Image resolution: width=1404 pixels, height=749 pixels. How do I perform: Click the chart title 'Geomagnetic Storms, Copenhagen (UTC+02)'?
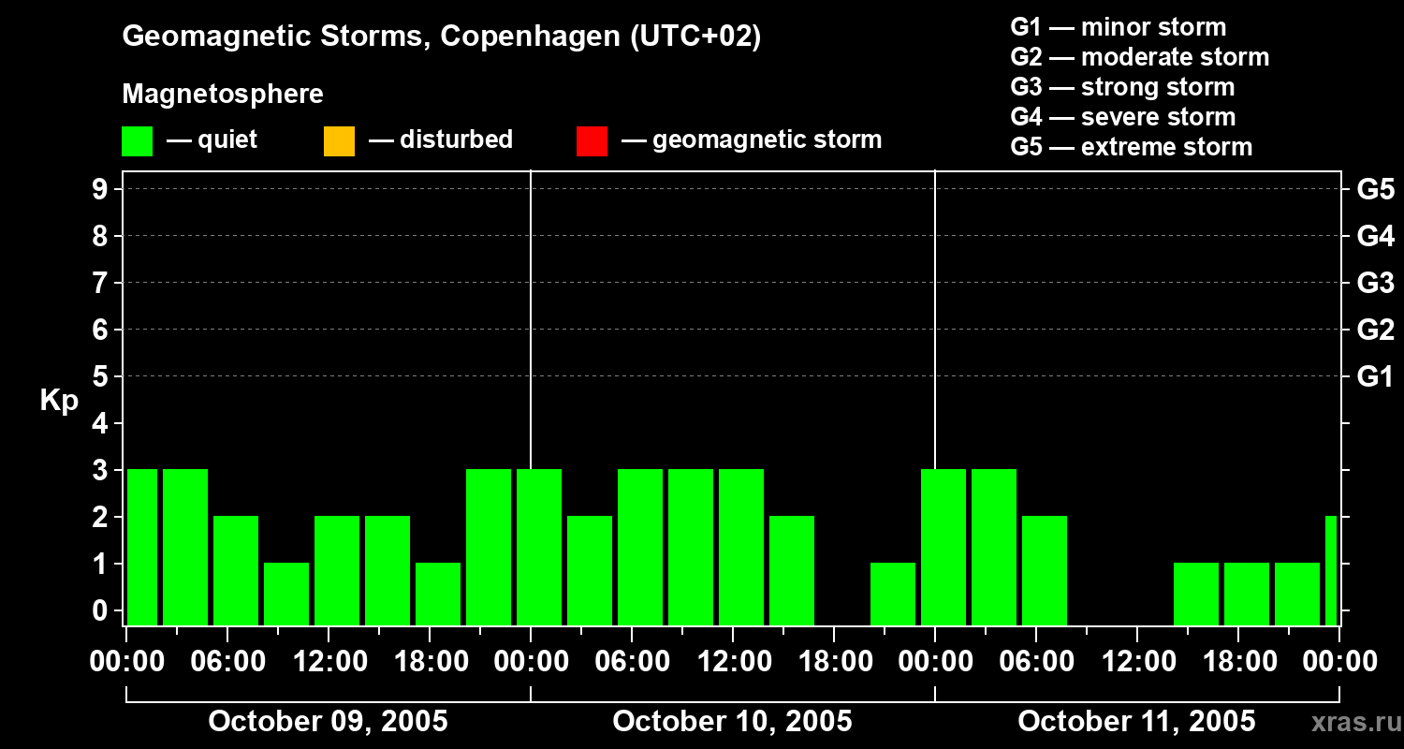(441, 37)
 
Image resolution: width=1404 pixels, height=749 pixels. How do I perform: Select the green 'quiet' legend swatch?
(137, 140)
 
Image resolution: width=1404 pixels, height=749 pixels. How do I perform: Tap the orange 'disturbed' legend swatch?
(339, 140)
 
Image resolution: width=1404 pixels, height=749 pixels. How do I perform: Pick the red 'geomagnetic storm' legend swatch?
(592, 140)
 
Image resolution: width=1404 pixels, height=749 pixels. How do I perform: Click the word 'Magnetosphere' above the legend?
(223, 95)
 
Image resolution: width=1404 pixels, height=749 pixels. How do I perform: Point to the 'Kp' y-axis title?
(59, 401)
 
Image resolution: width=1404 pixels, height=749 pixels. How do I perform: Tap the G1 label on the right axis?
(1375, 377)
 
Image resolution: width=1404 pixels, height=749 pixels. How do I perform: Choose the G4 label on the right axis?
(1375, 236)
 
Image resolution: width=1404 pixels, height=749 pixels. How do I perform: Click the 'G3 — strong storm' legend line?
(1122, 87)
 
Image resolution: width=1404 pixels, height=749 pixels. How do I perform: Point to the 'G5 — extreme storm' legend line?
(1131, 147)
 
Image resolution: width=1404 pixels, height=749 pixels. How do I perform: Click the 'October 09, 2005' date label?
(328, 721)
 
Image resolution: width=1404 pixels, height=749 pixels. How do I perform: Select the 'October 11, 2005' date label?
(1136, 721)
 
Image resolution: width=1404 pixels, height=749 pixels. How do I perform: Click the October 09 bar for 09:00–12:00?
(286, 594)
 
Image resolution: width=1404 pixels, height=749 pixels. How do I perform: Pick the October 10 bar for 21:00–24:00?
(893, 594)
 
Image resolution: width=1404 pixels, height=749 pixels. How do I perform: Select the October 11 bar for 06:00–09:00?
(1045, 570)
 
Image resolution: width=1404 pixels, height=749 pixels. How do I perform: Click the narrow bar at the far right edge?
(1331, 570)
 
